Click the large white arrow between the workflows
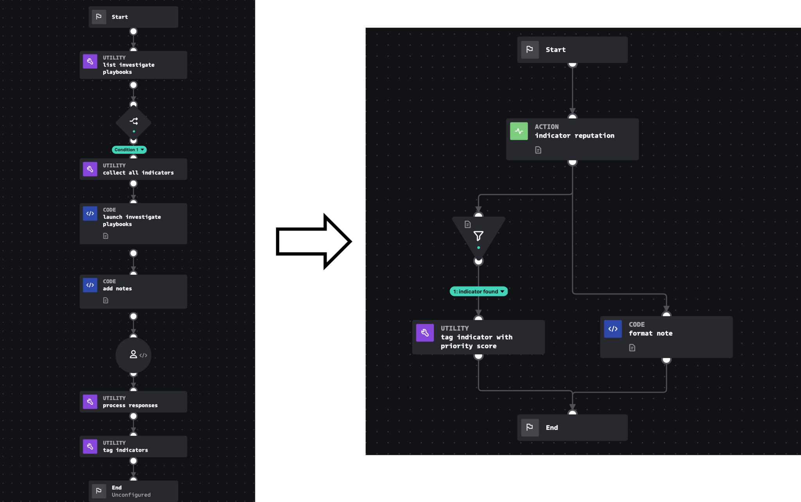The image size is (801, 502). coord(313,241)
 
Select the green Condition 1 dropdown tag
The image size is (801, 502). coord(129,150)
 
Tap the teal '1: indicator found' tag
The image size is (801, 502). coord(478,291)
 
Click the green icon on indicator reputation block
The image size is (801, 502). coord(519,131)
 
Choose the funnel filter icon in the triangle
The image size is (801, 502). coord(478,236)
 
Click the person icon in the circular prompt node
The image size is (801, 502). coord(133,354)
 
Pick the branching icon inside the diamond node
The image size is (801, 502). coord(134,121)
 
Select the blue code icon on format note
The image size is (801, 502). coord(613,329)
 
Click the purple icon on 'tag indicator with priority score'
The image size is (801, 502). coord(425,333)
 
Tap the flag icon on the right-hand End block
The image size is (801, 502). coord(530,427)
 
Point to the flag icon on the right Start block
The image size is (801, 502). coord(530,50)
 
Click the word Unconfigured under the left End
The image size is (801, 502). coord(131,495)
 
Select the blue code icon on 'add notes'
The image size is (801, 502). coord(90,285)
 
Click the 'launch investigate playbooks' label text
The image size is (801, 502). coord(132,220)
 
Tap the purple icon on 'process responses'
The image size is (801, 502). coord(90,402)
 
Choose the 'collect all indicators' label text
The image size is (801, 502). coord(138,173)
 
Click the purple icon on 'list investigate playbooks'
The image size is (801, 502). coord(90,61)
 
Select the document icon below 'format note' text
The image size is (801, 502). coord(632,348)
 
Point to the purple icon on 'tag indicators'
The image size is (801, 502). coord(90,446)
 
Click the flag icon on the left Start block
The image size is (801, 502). coord(99,17)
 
